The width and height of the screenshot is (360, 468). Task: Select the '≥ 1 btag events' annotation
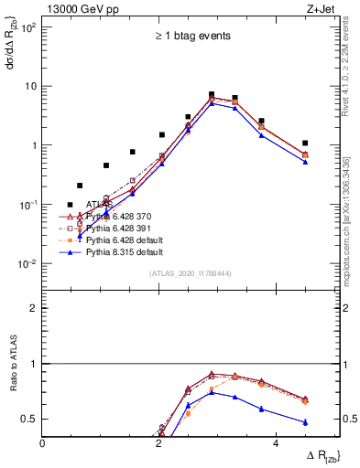pos(191,37)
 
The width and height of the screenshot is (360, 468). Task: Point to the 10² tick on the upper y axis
pos(27,27)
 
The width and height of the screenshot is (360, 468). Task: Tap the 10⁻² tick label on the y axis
pos(27,264)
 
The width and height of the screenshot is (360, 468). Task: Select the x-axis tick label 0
pos(43,442)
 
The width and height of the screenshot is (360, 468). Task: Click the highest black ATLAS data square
pos(211,94)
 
